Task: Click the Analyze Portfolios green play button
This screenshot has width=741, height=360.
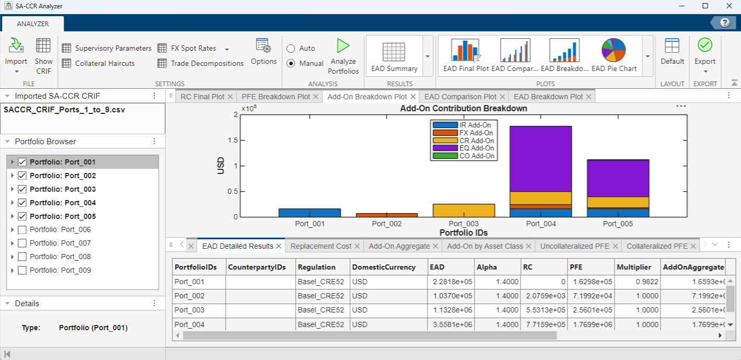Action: [343, 46]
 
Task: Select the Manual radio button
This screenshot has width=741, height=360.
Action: [291, 63]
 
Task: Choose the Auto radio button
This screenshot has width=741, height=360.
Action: [291, 48]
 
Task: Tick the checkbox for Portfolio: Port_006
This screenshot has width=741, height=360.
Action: [22, 230]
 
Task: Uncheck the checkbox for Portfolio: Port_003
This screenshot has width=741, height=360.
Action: [22, 189]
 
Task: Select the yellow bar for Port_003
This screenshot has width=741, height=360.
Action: [464, 211]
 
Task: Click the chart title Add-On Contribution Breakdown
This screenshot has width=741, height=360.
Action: [463, 109]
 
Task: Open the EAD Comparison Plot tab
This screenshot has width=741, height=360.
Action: [460, 97]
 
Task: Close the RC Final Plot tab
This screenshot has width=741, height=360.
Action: [230, 97]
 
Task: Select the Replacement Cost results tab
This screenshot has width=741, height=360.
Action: [321, 246]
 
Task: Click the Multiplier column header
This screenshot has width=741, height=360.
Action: [634, 267]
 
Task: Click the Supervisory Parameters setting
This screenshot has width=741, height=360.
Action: [107, 48]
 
